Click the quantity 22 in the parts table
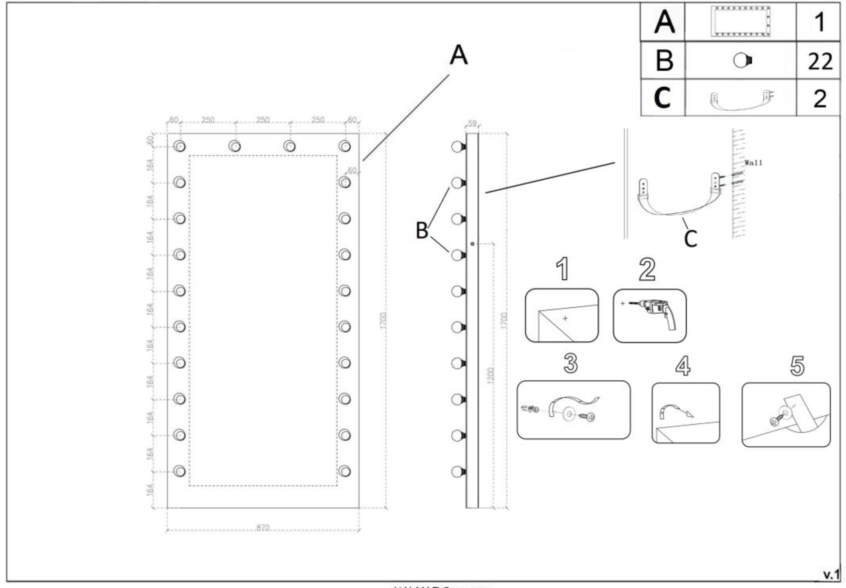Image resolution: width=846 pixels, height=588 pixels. click(x=820, y=61)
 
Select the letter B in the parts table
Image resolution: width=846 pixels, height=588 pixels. click(x=664, y=61)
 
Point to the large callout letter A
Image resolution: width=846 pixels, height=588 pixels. click(x=458, y=55)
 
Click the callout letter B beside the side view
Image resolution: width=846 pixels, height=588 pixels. click(x=422, y=230)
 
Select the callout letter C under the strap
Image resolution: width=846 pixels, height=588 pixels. click(x=690, y=238)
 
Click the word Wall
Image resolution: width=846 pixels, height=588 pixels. click(x=753, y=162)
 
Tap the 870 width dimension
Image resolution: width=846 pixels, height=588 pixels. click(x=263, y=528)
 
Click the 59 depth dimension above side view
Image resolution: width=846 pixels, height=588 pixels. click(x=472, y=124)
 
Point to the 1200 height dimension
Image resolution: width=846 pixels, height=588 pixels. click(x=491, y=376)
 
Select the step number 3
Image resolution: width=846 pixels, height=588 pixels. click(x=570, y=363)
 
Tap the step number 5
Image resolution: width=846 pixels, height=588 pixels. click(x=797, y=366)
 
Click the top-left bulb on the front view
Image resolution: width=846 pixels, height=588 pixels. click(x=179, y=146)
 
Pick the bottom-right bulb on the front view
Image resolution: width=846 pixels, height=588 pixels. click(x=345, y=471)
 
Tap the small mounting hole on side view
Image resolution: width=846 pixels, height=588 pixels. click(x=472, y=243)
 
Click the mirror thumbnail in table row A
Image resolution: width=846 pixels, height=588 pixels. click(x=741, y=21)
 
